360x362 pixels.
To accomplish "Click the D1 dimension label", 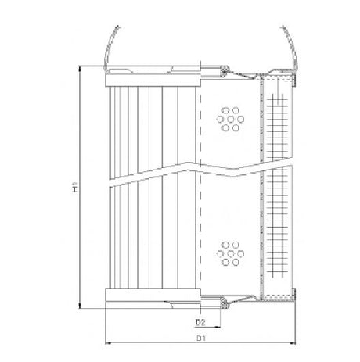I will pos(201,339).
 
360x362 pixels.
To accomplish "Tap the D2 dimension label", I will pos(201,321).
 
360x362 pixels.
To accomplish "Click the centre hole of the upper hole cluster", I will pos(231,119).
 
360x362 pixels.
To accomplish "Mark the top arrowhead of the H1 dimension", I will pos(81,68).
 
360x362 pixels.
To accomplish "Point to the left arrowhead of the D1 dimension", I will pos(106,344).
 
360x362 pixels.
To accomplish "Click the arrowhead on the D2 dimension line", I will pos(220,326).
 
